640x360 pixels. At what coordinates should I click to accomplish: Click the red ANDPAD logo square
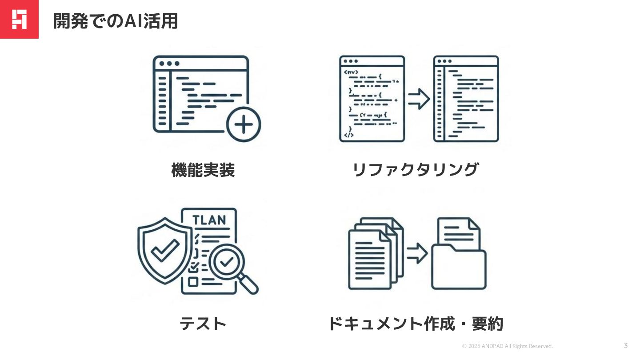19,19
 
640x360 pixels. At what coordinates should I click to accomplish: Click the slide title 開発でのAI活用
116,20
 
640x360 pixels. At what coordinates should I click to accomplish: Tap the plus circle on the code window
243,124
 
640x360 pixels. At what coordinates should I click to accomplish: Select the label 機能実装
203,170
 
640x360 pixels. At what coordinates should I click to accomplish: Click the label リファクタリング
415,170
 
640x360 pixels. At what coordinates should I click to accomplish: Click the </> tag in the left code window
349,135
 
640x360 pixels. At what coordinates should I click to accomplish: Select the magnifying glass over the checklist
227,262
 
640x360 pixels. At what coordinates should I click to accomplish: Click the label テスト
203,324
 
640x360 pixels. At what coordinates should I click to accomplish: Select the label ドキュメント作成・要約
416,324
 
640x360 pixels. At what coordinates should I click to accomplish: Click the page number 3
626,345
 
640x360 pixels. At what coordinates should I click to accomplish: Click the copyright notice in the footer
507,346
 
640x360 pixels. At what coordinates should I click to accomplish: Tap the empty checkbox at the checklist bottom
193,281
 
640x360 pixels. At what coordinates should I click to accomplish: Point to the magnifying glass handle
249,284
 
